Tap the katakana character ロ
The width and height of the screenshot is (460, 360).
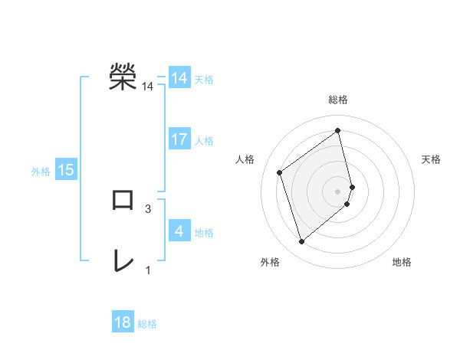[123, 200]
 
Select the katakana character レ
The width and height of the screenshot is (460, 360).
[123, 261]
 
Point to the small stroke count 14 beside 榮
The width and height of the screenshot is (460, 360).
[147, 87]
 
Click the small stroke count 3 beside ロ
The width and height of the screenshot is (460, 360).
[147, 208]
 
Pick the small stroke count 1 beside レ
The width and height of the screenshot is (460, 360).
[147, 270]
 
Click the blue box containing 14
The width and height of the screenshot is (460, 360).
[179, 78]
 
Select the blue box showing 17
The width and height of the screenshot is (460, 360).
[179, 139]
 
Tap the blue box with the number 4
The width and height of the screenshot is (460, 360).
[179, 231]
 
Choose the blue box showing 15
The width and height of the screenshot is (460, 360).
[66, 170]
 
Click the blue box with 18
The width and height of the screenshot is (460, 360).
[123, 322]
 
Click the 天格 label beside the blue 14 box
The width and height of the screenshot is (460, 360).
[204, 79]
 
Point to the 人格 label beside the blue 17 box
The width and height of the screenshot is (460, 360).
[204, 140]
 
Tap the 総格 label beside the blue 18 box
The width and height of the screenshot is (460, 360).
[147, 323]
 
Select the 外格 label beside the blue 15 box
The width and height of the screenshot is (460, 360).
[41, 171]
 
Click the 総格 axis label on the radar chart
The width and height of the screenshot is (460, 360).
[338, 100]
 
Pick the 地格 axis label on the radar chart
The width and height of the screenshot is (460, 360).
[402, 262]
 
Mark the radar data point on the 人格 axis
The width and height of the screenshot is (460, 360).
[280, 172]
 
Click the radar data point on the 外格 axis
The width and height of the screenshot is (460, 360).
[302, 242]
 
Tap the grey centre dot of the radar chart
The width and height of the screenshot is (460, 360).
[338, 191]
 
